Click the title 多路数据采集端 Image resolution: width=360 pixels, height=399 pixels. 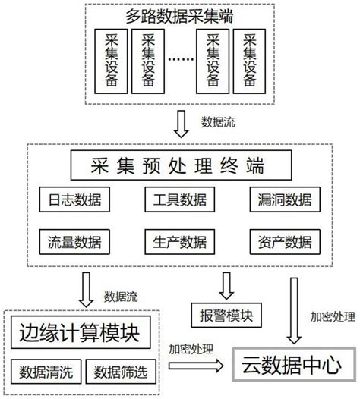[180, 16]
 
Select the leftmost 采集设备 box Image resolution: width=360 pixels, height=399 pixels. [112, 61]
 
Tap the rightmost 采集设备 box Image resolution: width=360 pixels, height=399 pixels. [250, 61]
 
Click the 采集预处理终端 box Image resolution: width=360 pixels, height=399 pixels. [179, 164]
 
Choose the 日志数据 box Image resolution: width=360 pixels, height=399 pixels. [76, 200]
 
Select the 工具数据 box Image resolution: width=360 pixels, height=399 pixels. [179, 200]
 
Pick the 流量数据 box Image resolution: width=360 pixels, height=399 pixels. [76, 243]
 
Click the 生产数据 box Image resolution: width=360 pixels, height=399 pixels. [179, 243]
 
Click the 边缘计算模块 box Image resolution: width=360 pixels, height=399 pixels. [81, 331]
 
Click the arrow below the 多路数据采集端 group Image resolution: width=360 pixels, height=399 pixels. [181, 120]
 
